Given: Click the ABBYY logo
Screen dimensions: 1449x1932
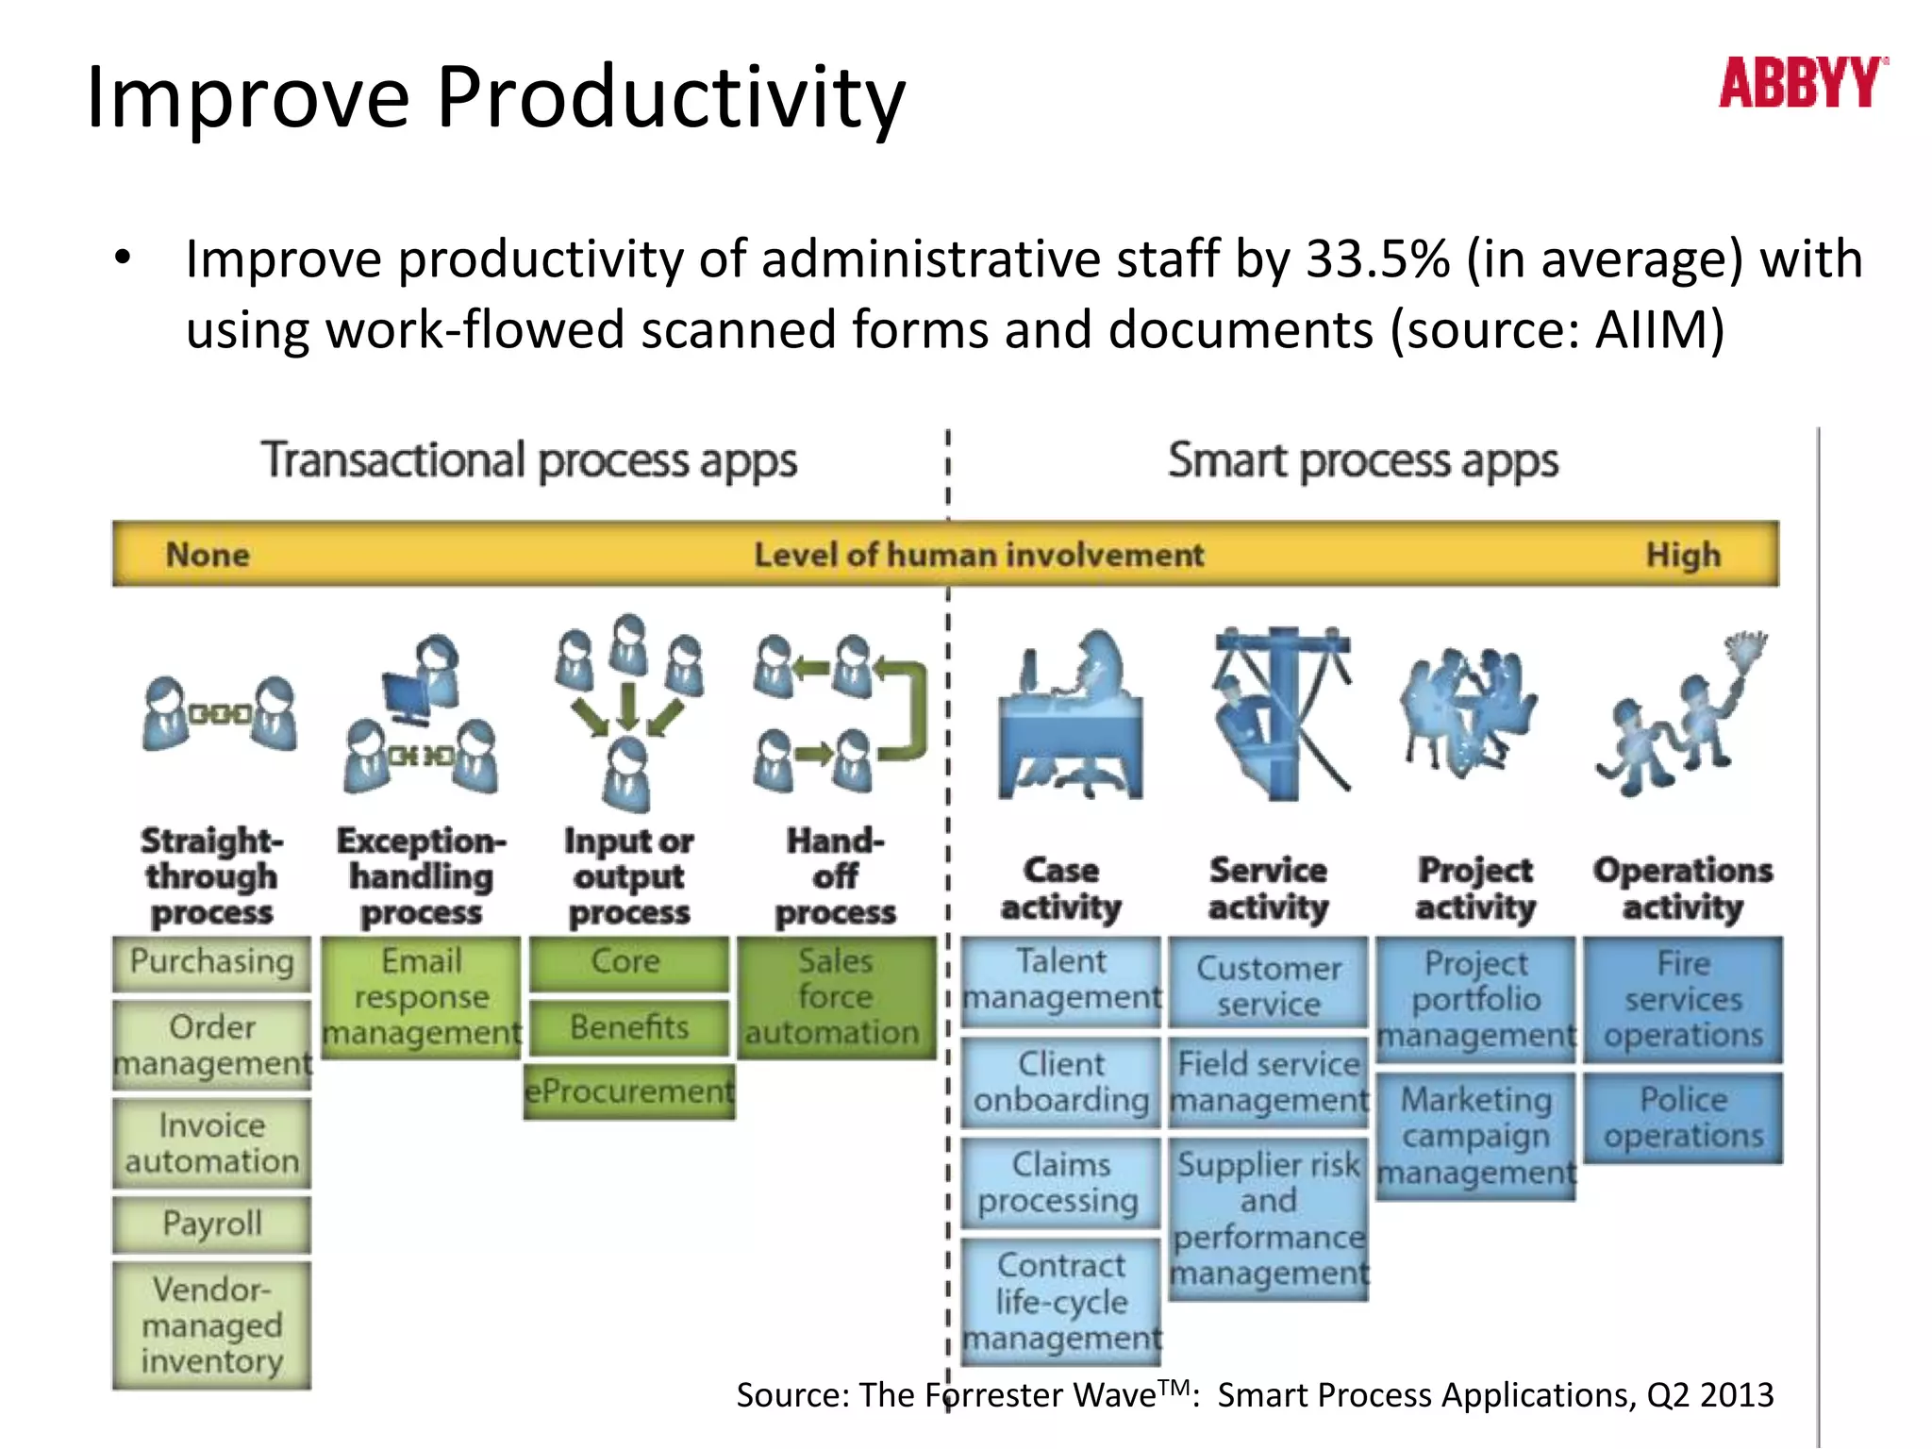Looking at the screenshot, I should [x=1802, y=82].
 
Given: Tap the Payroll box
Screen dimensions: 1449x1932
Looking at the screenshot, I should [x=211, y=1224].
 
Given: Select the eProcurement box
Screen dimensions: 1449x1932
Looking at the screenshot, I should [x=629, y=1091].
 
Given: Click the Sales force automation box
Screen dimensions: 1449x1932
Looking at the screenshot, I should [x=835, y=997].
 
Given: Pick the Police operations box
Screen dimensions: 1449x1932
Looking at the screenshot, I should [x=1683, y=1117].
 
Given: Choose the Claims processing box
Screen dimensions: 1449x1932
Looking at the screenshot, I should [x=1060, y=1183].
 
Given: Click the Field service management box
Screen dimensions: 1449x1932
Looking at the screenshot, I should [x=1268, y=1082].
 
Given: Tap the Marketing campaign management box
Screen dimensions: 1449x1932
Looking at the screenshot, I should [x=1475, y=1136].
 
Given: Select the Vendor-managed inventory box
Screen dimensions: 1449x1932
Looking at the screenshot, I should [x=211, y=1324].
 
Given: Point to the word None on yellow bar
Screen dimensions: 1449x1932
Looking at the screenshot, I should [x=208, y=555].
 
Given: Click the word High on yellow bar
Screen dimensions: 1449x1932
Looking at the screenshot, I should [x=1683, y=555].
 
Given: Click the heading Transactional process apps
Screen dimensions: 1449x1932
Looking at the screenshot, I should [x=529, y=461].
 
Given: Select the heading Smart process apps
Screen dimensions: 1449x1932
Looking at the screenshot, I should [x=1362, y=461].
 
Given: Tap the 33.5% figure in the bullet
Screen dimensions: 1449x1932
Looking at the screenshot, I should [x=1377, y=259].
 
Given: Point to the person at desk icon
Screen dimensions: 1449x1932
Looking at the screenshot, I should [x=1072, y=717].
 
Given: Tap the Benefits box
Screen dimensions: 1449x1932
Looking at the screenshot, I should [x=629, y=1026].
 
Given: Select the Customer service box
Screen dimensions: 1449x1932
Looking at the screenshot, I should [x=1268, y=985].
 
